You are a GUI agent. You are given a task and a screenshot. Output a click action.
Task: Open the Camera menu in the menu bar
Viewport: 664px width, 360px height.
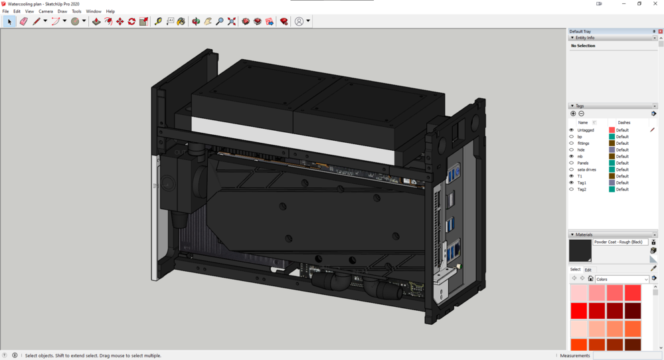pos(46,11)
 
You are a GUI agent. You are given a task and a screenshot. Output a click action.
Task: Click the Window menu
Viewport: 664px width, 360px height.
pos(94,11)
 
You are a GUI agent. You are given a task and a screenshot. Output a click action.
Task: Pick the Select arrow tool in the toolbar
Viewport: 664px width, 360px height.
pos(9,21)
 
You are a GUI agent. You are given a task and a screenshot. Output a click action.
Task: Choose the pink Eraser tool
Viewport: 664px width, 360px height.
pos(23,21)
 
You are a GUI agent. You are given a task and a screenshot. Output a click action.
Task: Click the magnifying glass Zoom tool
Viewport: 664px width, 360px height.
pos(220,21)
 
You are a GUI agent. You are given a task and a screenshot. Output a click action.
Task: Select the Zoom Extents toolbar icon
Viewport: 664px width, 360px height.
pos(232,21)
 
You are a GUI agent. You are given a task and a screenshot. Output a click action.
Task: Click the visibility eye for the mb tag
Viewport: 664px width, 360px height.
pos(572,156)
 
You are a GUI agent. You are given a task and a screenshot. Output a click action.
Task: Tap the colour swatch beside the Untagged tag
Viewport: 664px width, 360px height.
pos(612,130)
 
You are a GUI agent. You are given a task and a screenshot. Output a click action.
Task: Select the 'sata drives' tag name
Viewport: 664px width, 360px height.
pos(587,169)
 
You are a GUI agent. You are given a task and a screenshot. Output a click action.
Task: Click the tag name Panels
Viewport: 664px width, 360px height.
pos(583,163)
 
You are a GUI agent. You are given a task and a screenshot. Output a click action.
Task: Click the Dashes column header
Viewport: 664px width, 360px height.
pos(624,123)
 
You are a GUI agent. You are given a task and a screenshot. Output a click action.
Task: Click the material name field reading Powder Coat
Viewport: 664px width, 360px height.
pos(620,242)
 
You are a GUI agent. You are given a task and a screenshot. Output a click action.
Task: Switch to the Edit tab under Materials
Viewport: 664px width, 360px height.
pos(588,270)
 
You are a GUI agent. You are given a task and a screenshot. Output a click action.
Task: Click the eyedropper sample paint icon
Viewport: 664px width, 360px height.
pos(653,268)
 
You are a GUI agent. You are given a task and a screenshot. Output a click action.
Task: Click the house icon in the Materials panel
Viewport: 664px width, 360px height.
pos(590,279)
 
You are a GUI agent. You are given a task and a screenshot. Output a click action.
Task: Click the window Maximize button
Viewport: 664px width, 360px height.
pos(639,3)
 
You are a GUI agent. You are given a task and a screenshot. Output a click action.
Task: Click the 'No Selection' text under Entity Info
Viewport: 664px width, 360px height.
pos(583,46)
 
